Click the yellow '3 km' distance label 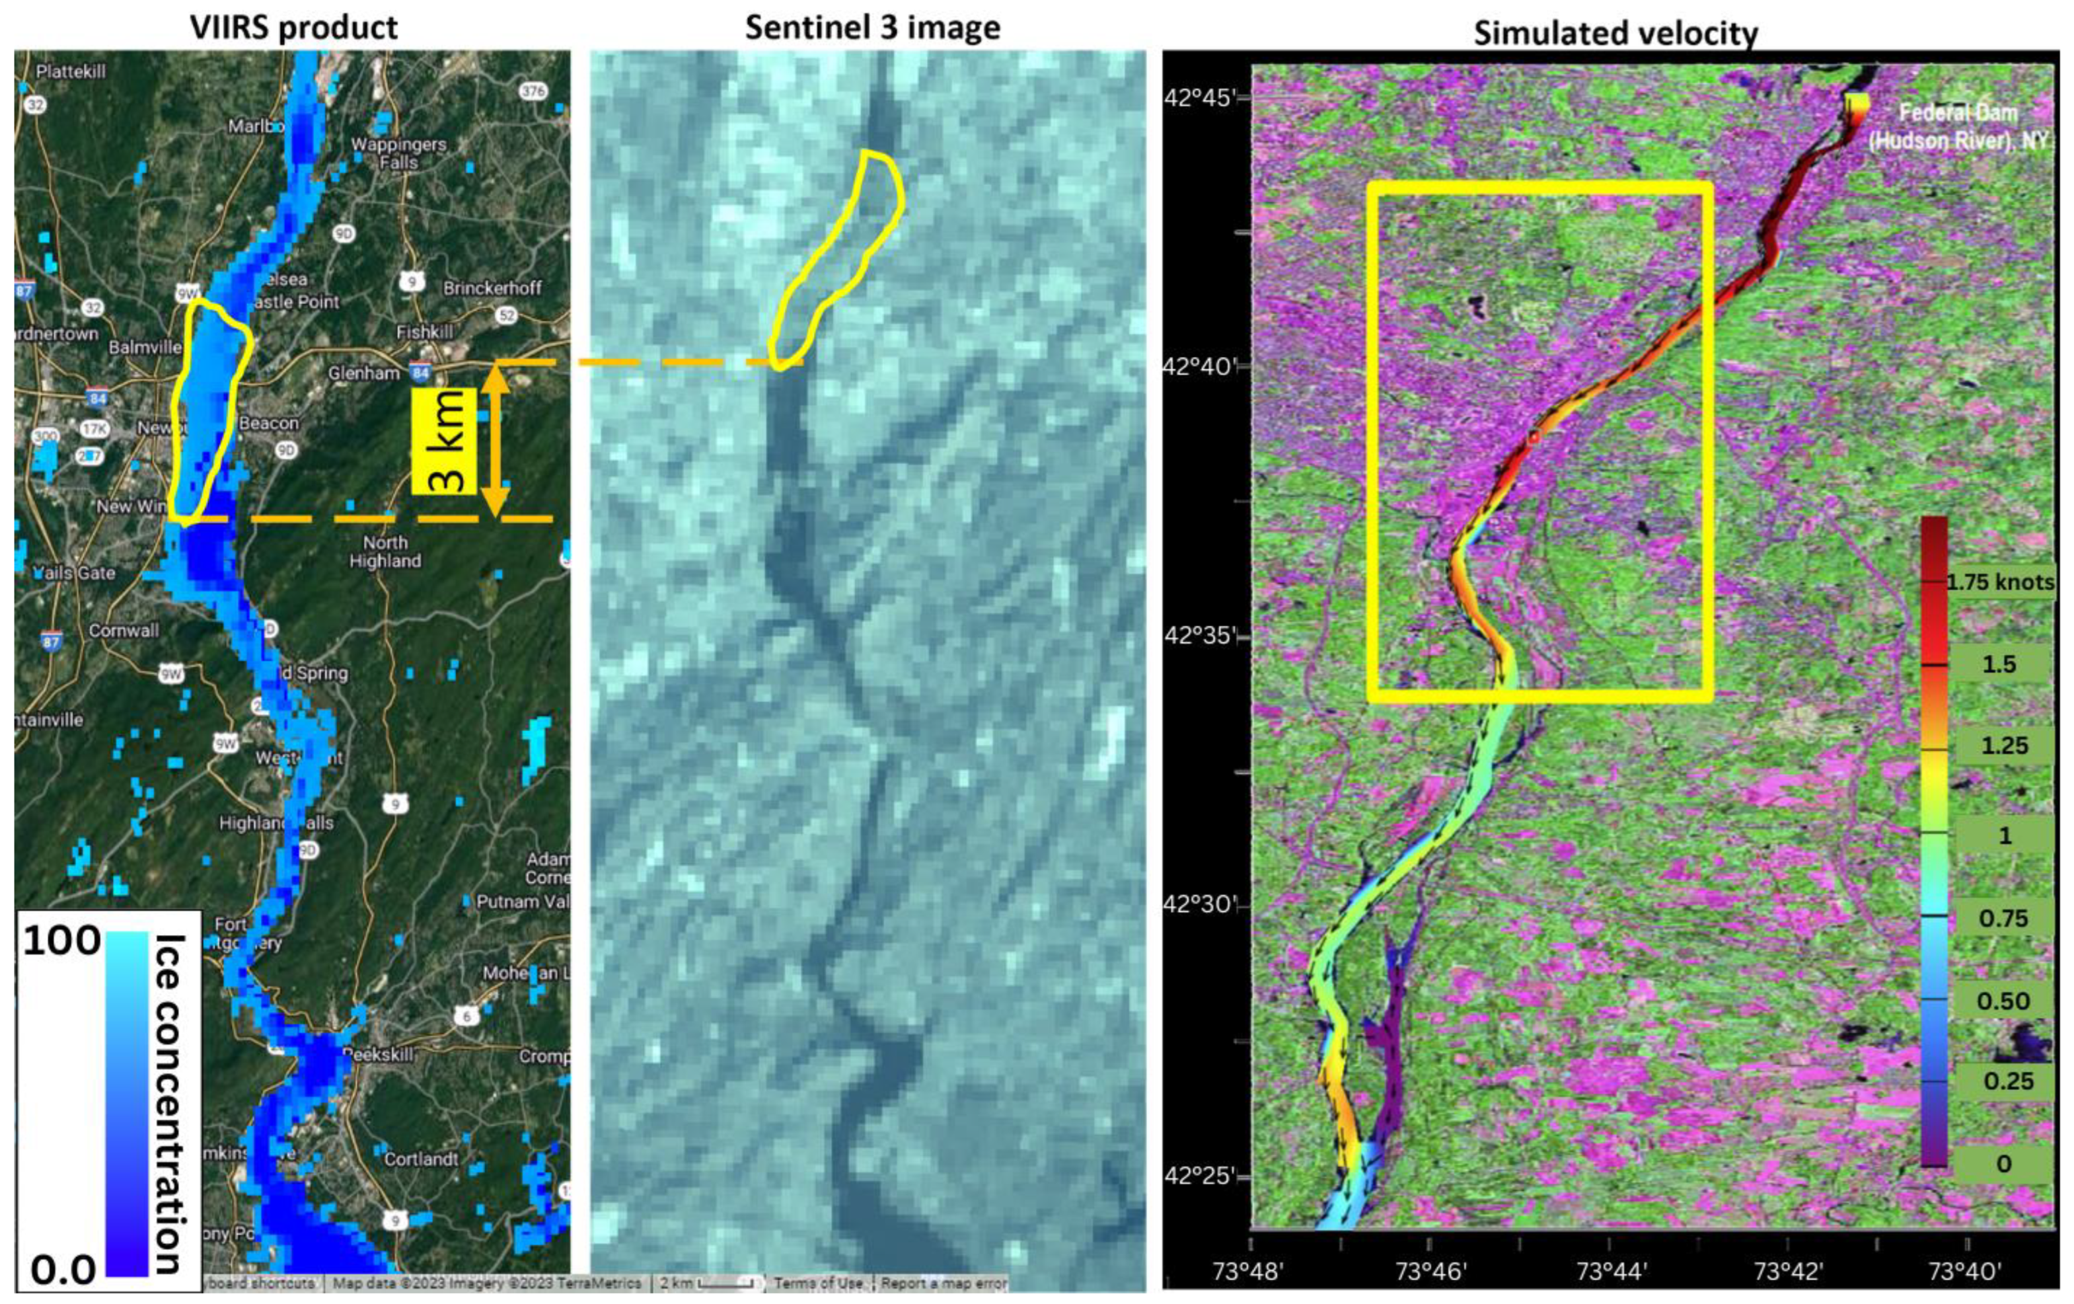click(445, 440)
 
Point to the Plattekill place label click(71, 71)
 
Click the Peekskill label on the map click(379, 1054)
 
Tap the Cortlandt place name click(421, 1159)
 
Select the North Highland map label click(385, 551)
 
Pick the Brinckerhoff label click(492, 288)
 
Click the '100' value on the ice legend click(62, 940)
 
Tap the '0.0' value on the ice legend click(62, 1270)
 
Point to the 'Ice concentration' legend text click(169, 1103)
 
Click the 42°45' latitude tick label click(1198, 96)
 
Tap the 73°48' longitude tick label click(1248, 1270)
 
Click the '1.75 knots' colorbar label click(2000, 582)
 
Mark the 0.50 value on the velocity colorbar click(2003, 1001)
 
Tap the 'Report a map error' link click(944, 1284)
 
